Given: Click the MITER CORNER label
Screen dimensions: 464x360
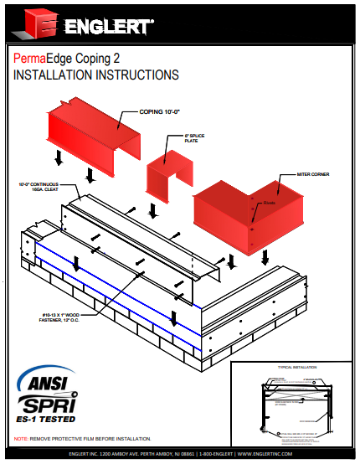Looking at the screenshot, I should tap(312, 175).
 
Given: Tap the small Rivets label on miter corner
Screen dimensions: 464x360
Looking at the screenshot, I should tap(270, 204).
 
